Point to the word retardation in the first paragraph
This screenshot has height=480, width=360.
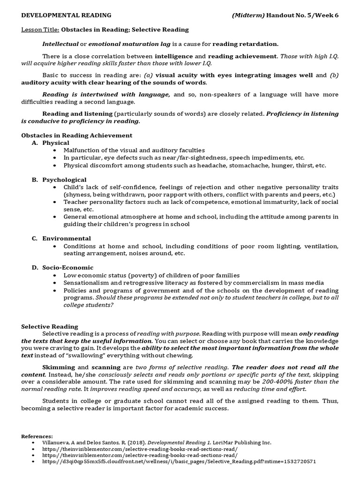click(260, 44)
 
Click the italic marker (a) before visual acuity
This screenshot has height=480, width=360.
click(149, 75)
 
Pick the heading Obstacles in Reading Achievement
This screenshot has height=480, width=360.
click(77, 135)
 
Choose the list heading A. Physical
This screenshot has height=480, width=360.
click(51, 142)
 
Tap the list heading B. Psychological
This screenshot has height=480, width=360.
click(59, 180)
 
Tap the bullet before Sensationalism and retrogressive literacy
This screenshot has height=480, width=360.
click(55, 283)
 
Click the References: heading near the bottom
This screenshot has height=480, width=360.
click(37, 435)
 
